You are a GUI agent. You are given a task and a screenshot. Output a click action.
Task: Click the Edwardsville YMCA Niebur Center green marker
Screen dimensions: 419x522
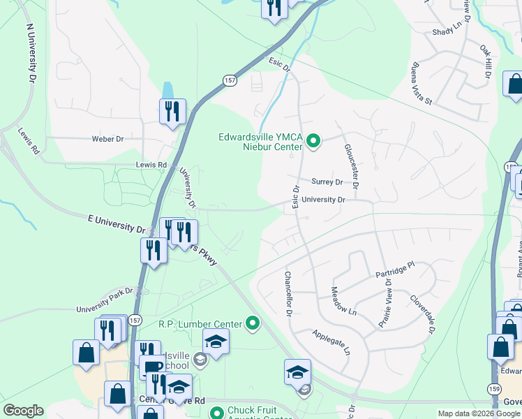313,142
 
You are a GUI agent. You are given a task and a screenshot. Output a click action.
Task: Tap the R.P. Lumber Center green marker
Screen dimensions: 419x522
253,323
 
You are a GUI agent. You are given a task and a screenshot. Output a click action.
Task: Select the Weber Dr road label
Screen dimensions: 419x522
107,139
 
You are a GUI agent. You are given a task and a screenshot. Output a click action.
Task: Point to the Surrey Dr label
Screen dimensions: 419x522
327,182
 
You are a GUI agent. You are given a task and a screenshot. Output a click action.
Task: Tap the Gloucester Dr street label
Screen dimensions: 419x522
350,166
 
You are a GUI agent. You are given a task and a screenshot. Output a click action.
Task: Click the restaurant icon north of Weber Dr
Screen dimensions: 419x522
172,111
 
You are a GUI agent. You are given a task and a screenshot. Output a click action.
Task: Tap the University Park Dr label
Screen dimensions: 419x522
105,305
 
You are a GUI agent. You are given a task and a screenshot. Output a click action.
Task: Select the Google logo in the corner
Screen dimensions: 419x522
23,411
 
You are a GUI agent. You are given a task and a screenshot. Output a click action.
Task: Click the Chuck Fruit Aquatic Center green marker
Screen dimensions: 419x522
217,413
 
